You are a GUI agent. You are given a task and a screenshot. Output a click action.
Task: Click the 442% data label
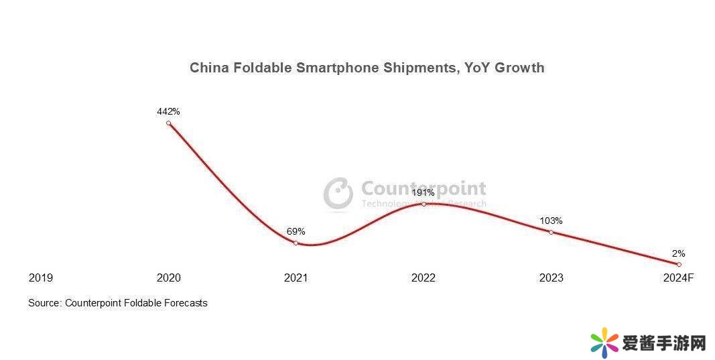pyautogui.click(x=168, y=111)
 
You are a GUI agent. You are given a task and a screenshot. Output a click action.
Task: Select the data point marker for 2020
pyautogui.click(x=168, y=123)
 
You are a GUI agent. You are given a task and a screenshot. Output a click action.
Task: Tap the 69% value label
pyautogui.click(x=296, y=231)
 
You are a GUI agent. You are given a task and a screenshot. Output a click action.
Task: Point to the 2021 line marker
pyautogui.click(x=296, y=243)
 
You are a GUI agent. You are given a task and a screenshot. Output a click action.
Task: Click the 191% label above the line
pyautogui.click(x=423, y=192)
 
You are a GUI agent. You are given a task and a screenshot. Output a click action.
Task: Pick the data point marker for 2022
pyautogui.click(x=424, y=204)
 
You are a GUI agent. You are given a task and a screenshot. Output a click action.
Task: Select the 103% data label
pyautogui.click(x=551, y=221)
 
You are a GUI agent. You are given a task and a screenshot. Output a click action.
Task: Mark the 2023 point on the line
pyautogui.click(x=551, y=232)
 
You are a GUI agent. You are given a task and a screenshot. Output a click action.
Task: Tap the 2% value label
pyautogui.click(x=678, y=253)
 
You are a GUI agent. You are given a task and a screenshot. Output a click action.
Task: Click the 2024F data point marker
pyautogui.click(x=679, y=264)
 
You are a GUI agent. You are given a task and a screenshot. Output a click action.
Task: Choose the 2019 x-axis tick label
pyautogui.click(x=41, y=278)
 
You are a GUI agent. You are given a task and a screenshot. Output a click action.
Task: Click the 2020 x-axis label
pyautogui.click(x=168, y=278)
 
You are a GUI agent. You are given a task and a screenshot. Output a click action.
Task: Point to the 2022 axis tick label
pyautogui.click(x=423, y=278)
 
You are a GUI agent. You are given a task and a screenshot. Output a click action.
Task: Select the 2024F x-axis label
pyautogui.click(x=678, y=278)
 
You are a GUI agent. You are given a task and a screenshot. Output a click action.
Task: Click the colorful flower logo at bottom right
pyautogui.click(x=604, y=343)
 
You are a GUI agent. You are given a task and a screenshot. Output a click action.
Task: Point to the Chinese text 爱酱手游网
pyautogui.click(x=664, y=344)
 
